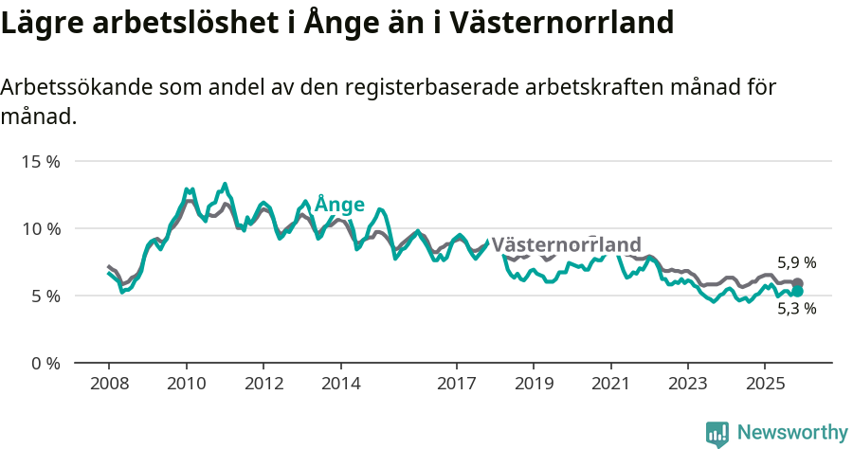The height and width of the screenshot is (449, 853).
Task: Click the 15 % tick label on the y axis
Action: [40, 161]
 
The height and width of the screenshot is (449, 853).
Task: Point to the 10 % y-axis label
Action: [40, 228]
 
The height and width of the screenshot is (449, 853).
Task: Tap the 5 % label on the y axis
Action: [44, 296]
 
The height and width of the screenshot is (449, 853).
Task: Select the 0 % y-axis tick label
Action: [44, 363]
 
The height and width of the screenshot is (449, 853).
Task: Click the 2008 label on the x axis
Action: [109, 385]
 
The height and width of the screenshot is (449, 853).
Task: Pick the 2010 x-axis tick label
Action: [186, 385]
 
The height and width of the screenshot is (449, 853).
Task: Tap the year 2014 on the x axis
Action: [340, 385]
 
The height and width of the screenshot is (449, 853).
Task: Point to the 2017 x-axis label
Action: [456, 385]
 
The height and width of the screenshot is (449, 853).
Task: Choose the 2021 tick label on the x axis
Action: [610, 385]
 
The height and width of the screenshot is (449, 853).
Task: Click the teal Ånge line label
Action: [339, 205]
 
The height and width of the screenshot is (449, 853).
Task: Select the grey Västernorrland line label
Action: [566, 243]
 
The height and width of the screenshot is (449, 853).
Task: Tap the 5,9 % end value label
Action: [796, 262]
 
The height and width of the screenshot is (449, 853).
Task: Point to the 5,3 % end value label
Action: [796, 308]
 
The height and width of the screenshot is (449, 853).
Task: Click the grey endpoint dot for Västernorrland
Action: [797, 283]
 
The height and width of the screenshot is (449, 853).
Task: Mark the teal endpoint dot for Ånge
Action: [797, 292]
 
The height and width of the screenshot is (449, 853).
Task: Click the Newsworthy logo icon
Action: [717, 433]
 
